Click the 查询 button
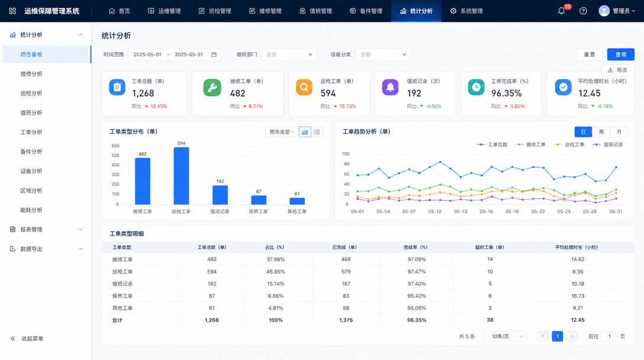pos(620,54)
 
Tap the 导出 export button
pos(618,70)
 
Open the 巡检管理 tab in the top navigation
pos(215,11)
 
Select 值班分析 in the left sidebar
pos(31,112)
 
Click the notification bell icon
pos(561,11)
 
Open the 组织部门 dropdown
pos(289,54)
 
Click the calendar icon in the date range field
pos(214,54)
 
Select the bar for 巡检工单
pos(181,176)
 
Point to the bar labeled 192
pos(220,195)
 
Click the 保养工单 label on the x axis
pos(258,211)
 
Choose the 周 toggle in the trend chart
pos(601,132)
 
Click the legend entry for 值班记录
pos(608,144)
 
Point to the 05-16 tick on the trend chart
pos(487,211)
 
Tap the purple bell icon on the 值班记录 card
pos(390,88)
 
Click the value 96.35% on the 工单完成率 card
pos(507,94)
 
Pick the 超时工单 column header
pos(490,247)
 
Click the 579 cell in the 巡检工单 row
pos(346,272)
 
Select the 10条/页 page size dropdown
pos(505,336)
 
